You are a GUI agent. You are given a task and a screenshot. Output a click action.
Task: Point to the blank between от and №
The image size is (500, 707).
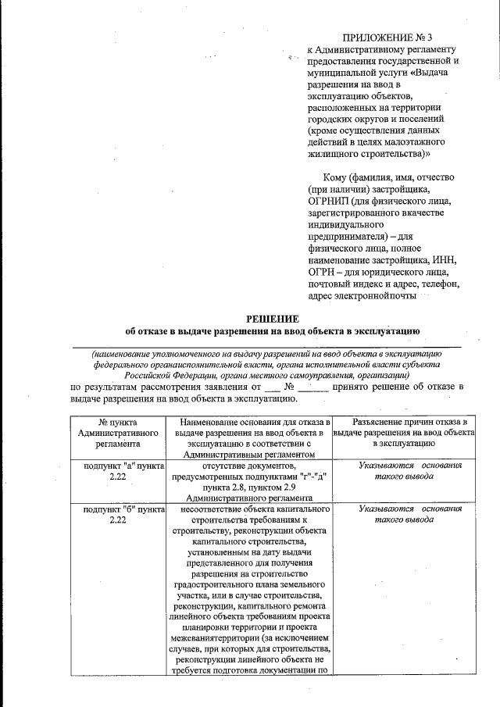tap(271, 387)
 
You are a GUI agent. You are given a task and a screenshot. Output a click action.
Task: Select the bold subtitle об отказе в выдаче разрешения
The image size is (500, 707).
tap(273, 331)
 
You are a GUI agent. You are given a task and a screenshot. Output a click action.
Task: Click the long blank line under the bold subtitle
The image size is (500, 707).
tap(266, 344)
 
